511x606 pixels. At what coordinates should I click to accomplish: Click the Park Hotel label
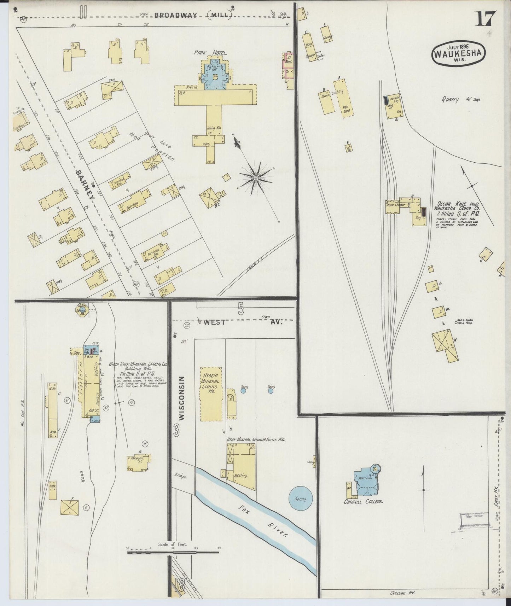[210, 52]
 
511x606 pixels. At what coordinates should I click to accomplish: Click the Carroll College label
[364, 501]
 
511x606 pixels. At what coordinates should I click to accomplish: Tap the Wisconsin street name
[182, 398]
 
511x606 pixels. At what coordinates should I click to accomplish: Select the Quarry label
[450, 100]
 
